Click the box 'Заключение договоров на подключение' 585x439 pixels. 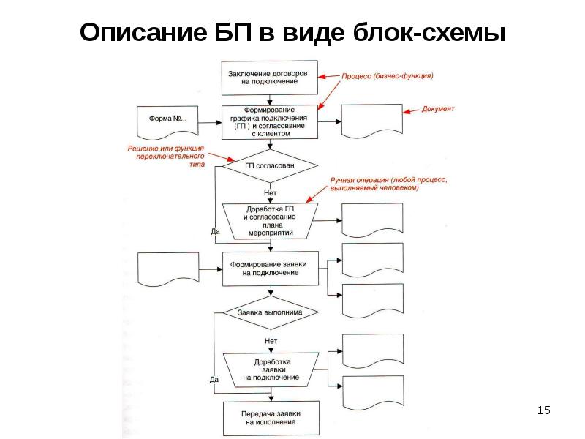coord(270,78)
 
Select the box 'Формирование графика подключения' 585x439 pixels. coord(271,122)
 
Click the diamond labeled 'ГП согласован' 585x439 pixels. coord(270,166)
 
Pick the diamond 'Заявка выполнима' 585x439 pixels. coord(270,312)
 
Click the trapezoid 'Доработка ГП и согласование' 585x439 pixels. coord(270,221)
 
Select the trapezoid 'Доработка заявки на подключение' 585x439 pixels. coord(271,369)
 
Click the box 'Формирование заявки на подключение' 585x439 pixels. coord(270,268)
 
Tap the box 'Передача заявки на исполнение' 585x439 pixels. coord(271,418)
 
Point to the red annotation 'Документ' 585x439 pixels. coord(439,109)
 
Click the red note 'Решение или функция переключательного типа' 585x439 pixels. coord(167,157)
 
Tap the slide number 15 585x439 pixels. coord(543,410)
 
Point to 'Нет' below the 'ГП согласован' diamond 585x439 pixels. coord(270,192)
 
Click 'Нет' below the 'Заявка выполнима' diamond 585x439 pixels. coord(271,340)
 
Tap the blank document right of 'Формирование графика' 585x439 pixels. coord(372,121)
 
